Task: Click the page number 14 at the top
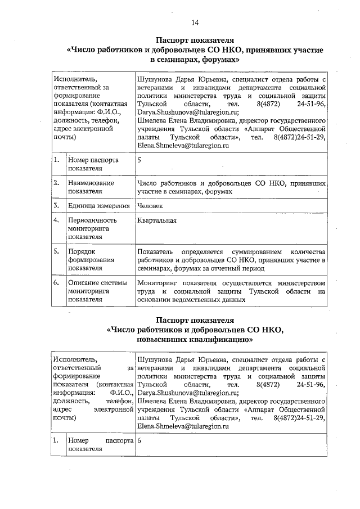coord(194,22)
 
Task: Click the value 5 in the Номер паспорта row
coord(139,160)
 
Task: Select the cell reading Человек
coord(152,206)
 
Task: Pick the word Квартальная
coord(157,220)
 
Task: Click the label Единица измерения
coord(98,206)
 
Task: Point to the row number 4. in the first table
coord(57,220)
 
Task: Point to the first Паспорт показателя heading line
coord(194,40)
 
